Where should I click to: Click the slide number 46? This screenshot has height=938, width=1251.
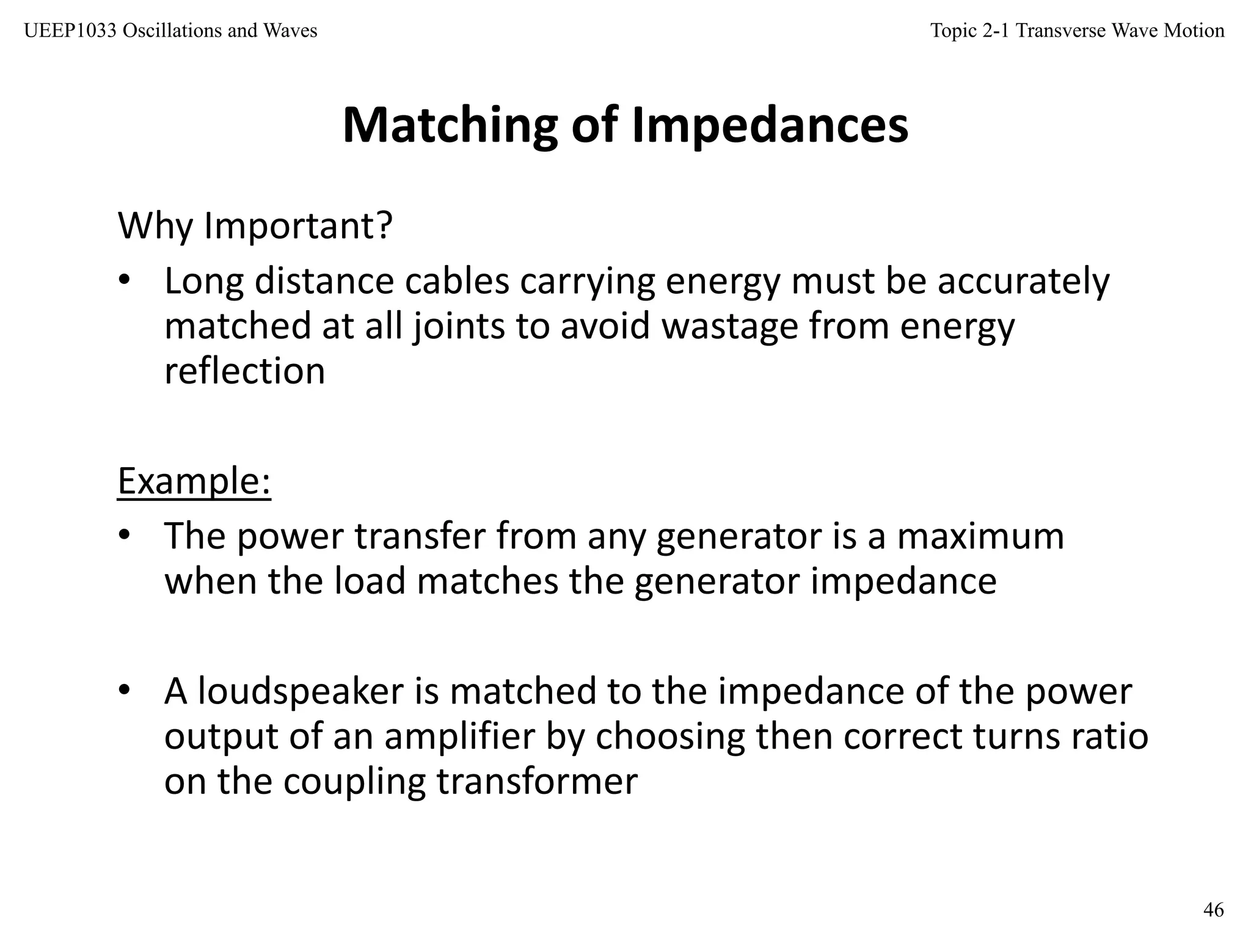click(1213, 910)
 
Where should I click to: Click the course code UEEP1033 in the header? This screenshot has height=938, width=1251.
click(70, 31)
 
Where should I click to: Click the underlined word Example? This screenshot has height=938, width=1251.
click(194, 481)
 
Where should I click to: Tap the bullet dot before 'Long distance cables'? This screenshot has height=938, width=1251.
click(125, 280)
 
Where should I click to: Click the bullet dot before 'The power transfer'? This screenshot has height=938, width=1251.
click(125, 536)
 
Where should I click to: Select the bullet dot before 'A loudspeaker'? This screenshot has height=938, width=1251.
click(125, 691)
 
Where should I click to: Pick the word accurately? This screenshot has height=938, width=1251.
click(1023, 282)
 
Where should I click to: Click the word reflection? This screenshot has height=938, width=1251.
click(244, 371)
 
